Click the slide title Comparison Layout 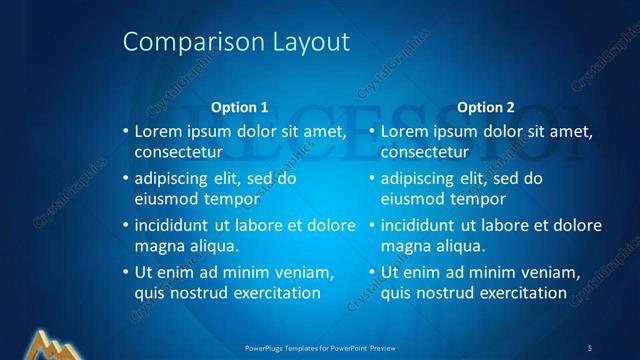236,42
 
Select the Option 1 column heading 240,107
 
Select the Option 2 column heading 485,107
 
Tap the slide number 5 589,347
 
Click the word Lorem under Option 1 156,131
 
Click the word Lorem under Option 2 402,131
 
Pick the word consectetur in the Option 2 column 424,152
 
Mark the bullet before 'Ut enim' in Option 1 125,272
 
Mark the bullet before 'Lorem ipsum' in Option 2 372,131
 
